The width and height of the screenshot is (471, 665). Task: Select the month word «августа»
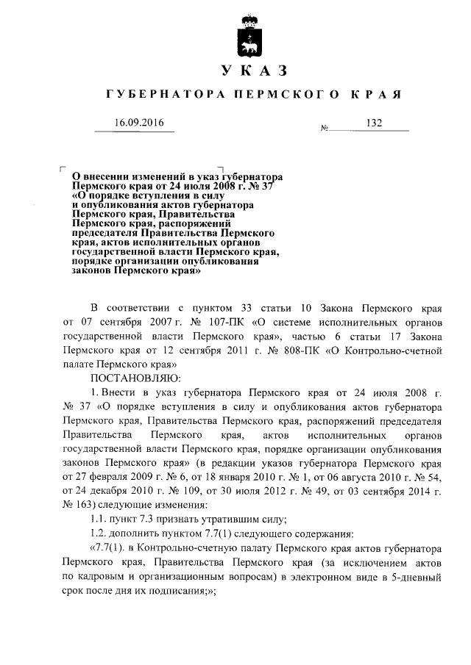(x=340, y=475)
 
